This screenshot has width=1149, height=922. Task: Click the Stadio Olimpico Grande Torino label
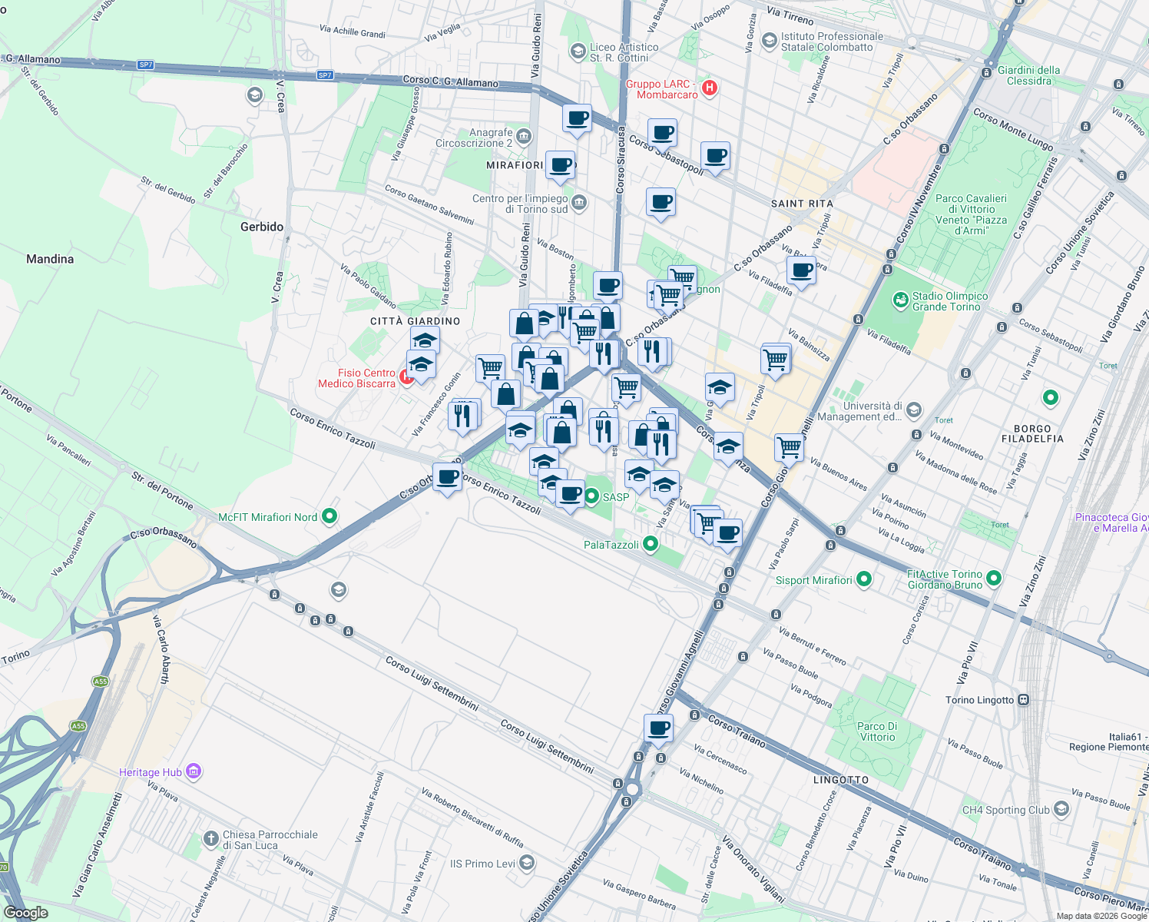(x=950, y=301)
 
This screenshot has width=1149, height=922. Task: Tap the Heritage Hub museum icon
(x=194, y=771)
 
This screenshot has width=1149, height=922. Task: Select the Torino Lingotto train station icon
(x=1023, y=700)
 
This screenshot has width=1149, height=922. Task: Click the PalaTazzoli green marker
(x=651, y=545)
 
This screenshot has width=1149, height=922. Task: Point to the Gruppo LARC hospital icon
(x=710, y=88)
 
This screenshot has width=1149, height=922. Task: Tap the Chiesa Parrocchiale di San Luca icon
(x=211, y=839)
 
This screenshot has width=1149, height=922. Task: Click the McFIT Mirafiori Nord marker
(x=329, y=517)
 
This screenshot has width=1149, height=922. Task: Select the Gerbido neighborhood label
(x=262, y=227)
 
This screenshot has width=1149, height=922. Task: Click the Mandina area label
(x=50, y=259)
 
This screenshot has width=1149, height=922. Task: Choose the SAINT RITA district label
(x=802, y=204)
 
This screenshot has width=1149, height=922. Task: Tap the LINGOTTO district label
(x=841, y=780)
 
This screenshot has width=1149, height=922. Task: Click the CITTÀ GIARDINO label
(x=416, y=321)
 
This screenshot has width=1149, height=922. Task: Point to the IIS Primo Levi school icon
(x=526, y=864)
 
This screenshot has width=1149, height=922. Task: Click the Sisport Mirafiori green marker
(x=863, y=579)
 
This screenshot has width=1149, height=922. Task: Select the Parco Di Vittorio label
(x=877, y=731)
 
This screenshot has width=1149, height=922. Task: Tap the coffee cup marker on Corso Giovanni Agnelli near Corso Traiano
(x=658, y=728)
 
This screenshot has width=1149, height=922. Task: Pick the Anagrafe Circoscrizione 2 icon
(x=524, y=138)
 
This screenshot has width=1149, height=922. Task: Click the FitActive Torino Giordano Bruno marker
(x=994, y=578)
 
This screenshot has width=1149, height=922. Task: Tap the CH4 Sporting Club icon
(x=1061, y=809)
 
